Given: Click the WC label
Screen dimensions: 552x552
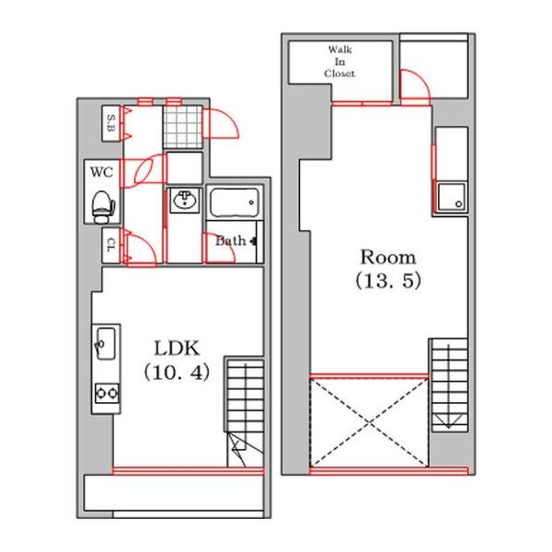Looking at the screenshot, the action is click(x=102, y=172).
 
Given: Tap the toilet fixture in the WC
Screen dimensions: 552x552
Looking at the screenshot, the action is click(x=103, y=207).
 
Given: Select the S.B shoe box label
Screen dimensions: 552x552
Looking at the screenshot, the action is click(x=111, y=123).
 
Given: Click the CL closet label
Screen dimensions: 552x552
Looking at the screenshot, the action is click(x=111, y=245).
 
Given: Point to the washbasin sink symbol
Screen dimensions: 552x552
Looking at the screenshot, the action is click(x=184, y=201).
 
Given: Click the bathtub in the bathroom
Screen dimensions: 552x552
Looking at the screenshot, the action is click(x=235, y=202).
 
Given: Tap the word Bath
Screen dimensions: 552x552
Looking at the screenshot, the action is click(x=231, y=241).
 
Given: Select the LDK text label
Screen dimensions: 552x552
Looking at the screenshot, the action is click(x=177, y=348).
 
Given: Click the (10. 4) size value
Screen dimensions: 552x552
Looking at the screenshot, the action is click(x=177, y=373).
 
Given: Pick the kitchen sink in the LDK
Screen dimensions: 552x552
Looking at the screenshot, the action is click(x=106, y=343).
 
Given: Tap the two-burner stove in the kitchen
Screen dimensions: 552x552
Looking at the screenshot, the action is click(x=107, y=393).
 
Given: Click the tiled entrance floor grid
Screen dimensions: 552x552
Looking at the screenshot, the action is click(x=183, y=127).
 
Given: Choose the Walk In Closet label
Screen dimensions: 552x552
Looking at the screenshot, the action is click(x=339, y=62).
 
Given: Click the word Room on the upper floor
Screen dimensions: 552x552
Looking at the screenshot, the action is click(x=388, y=258).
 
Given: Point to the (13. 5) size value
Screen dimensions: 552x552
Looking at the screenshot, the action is click(x=388, y=281).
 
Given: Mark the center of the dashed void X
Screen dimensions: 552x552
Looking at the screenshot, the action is click(x=369, y=422).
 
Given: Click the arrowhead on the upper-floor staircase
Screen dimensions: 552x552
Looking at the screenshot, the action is click(x=449, y=421).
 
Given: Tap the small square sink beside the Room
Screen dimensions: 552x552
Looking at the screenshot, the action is click(x=452, y=197).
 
